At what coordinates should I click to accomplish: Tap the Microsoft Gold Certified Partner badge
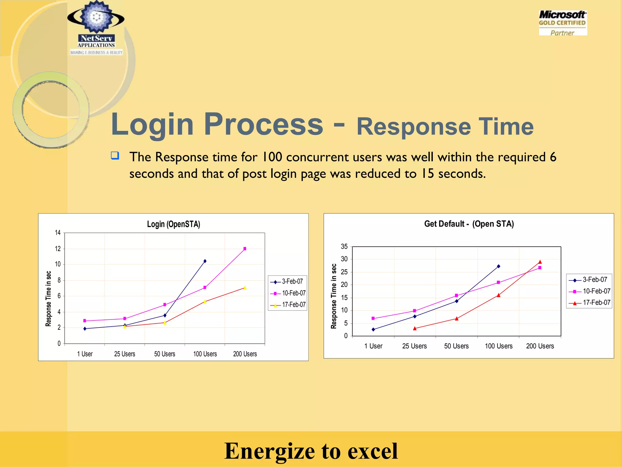coord(562,23)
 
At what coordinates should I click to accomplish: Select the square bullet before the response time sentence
coord(115,156)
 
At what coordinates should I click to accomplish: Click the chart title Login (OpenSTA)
coord(173,224)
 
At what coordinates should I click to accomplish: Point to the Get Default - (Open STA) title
coord(469,224)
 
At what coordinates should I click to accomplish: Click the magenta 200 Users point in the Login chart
coord(245,249)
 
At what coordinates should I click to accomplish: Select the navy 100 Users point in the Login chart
coord(205,261)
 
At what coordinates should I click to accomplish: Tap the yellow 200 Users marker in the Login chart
coord(245,288)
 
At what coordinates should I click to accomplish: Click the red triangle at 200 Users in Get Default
coord(540,262)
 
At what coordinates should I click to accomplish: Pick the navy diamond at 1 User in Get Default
coord(373,329)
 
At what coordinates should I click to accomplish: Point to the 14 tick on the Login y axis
coord(58,233)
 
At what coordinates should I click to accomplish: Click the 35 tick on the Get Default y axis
coord(344,247)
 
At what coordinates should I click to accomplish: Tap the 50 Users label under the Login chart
coord(165,354)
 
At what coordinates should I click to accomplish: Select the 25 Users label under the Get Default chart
coord(414,346)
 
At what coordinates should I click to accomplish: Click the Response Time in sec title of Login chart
coord(48,299)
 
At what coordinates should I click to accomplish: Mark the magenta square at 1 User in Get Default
coord(373,318)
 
